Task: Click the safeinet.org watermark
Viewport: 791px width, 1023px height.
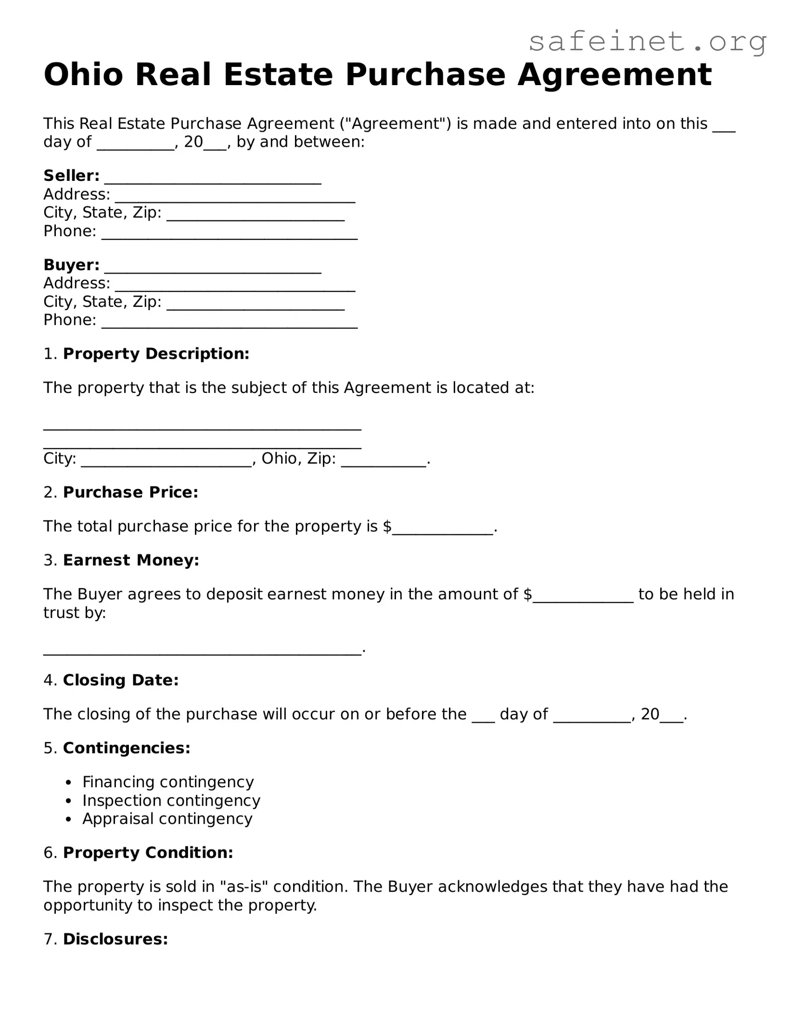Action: coord(647,42)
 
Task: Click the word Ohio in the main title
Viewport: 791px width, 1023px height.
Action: coord(83,75)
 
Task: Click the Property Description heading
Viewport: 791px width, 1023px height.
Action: coord(156,354)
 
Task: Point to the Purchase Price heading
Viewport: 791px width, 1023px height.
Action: coord(130,493)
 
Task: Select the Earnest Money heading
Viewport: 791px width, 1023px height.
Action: coord(131,560)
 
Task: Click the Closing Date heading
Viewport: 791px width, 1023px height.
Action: coord(121,680)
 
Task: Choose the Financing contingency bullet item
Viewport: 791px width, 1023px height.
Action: coord(168,782)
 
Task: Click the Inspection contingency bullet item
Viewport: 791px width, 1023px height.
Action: coord(171,800)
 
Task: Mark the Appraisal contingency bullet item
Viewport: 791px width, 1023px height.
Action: coord(167,819)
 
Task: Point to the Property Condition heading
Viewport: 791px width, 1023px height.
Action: coord(148,853)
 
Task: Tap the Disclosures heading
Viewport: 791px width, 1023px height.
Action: coord(115,939)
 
